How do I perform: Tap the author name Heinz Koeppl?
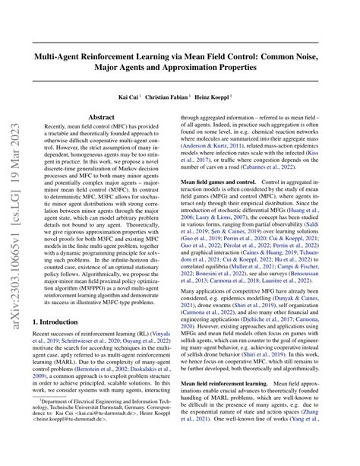pyautogui.click(x=222, y=97)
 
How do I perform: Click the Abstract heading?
pyautogui.click(x=102, y=117)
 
